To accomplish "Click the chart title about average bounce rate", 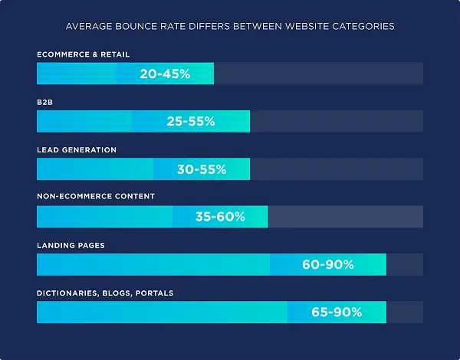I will [230, 26].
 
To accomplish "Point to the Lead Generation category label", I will [77, 150].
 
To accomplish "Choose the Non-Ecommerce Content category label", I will [96, 197].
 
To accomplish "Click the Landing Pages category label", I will [71, 245].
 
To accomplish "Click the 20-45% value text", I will [165, 74].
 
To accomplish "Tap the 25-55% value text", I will [190, 121].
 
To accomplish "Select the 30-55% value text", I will [201, 169].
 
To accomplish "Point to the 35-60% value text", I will [219, 217].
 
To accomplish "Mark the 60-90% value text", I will [327, 264].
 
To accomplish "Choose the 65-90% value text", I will [337, 313].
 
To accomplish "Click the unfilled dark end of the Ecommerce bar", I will [318, 74].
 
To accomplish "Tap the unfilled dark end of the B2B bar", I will [336, 121].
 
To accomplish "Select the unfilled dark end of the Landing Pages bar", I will [404, 264].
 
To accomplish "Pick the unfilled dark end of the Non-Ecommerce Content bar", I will [345, 217].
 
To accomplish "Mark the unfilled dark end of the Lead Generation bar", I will [336, 169].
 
